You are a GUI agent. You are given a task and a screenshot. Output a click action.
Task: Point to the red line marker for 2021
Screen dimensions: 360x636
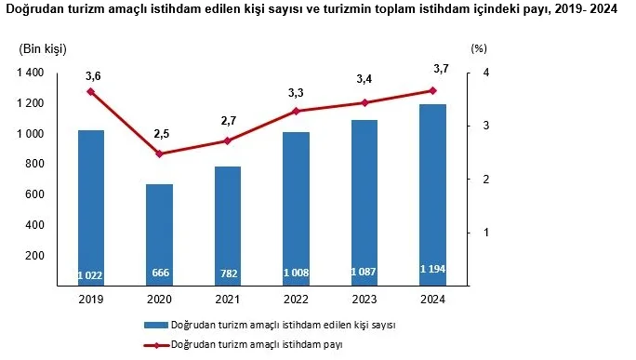coord(228,140)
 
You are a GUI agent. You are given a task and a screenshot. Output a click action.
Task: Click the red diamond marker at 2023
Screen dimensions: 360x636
coord(364,102)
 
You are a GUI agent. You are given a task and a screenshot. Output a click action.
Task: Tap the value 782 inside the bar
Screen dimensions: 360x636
coord(228,274)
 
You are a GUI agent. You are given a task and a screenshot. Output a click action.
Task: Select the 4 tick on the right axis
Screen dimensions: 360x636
coord(486,73)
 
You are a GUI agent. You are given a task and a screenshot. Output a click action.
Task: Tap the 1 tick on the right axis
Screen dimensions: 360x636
coord(486,233)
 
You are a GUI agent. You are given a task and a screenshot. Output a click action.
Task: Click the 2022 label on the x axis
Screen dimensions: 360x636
coord(296,299)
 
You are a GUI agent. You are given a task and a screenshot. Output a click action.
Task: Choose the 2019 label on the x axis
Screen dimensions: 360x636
coord(91,299)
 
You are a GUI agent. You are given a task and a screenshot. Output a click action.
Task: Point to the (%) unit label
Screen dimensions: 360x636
coord(479,48)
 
